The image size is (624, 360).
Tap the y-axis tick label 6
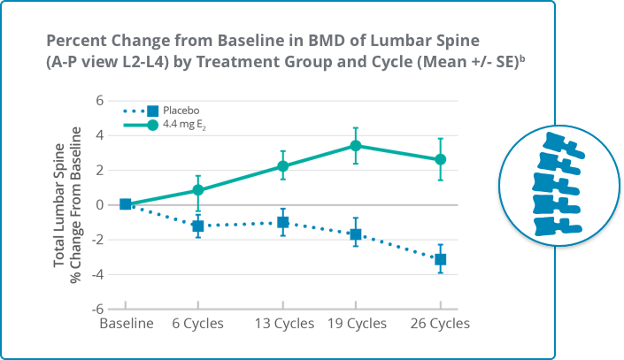99,101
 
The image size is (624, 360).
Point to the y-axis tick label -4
96,275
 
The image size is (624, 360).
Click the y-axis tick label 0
99,205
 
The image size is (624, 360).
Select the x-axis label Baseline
126,324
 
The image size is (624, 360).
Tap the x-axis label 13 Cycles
282,324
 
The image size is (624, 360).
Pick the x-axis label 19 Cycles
355,324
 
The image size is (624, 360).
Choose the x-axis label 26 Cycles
440,324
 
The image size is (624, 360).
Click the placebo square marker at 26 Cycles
440,259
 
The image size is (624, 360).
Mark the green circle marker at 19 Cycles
355,146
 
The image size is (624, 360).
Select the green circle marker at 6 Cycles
198,190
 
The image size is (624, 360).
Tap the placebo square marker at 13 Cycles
282,222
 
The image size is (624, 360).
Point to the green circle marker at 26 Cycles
440,159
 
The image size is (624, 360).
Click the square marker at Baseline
126,204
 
